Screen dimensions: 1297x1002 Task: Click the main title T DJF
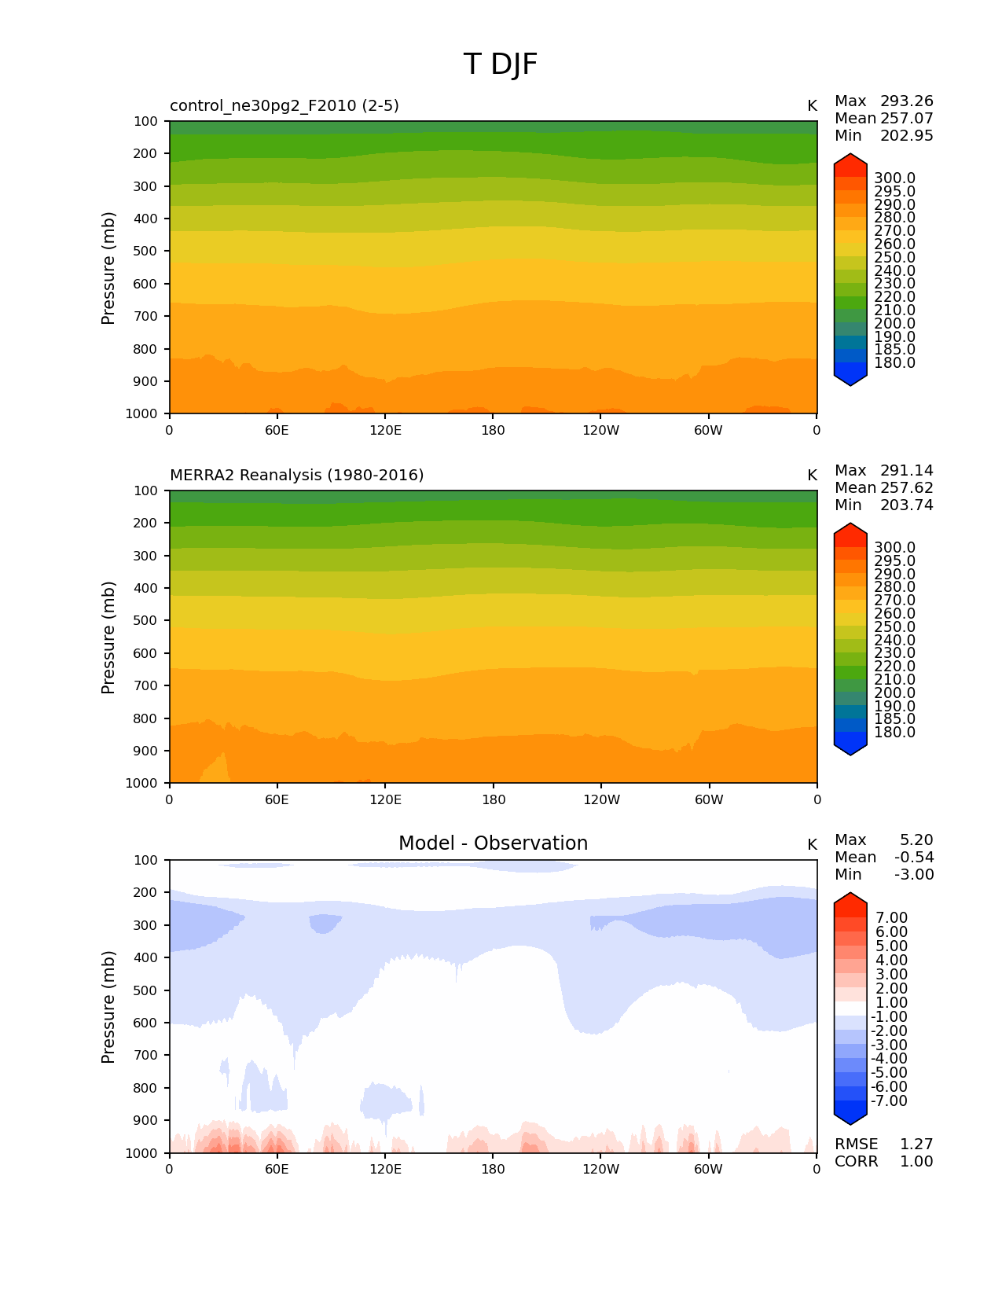(x=501, y=64)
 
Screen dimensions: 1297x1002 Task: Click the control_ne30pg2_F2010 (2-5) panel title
(x=284, y=106)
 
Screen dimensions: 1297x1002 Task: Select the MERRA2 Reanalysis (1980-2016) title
(x=296, y=476)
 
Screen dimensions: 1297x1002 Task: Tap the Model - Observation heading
(x=493, y=843)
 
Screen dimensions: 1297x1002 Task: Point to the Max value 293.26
(x=906, y=101)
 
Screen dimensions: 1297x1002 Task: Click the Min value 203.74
(x=906, y=505)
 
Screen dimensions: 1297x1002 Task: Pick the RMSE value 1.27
(x=916, y=1145)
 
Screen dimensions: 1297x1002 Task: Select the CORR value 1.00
(x=916, y=1162)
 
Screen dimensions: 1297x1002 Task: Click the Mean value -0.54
(x=914, y=858)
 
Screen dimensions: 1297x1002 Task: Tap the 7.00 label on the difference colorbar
(x=891, y=918)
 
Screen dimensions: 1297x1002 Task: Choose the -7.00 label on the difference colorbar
(x=889, y=1101)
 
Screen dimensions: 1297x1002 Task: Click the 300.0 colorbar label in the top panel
(x=894, y=178)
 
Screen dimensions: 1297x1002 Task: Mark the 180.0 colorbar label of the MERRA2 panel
(x=894, y=733)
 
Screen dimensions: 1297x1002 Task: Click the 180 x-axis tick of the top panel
(x=493, y=431)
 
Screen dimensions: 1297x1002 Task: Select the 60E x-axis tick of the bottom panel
(x=277, y=1170)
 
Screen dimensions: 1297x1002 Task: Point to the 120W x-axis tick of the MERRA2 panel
(x=601, y=800)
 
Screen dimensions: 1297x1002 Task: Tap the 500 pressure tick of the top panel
(x=147, y=252)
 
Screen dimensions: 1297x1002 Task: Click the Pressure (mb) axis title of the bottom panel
(x=108, y=1007)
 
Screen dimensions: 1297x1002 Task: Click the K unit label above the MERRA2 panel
(x=812, y=476)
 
